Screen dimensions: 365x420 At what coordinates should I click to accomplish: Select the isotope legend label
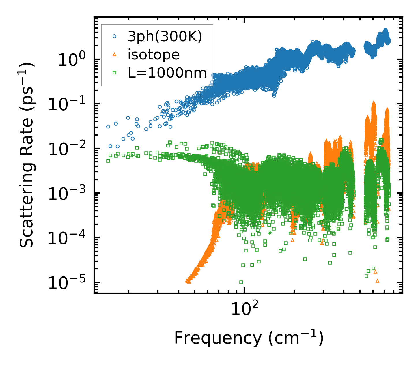tap(154, 55)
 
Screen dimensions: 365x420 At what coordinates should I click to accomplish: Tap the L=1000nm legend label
tap(167, 73)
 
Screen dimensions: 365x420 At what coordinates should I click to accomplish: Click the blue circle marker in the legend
tap(115, 36)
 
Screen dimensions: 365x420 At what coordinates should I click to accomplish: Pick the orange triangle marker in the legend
tap(115, 55)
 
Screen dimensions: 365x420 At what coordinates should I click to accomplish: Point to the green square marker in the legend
tap(115, 73)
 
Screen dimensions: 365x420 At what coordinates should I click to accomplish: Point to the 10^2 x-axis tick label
tap(244, 310)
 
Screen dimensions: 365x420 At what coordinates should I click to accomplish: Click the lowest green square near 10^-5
tap(241, 282)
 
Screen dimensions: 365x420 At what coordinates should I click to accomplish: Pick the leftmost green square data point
tap(108, 161)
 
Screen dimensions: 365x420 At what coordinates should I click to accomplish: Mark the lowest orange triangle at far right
tap(377, 281)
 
